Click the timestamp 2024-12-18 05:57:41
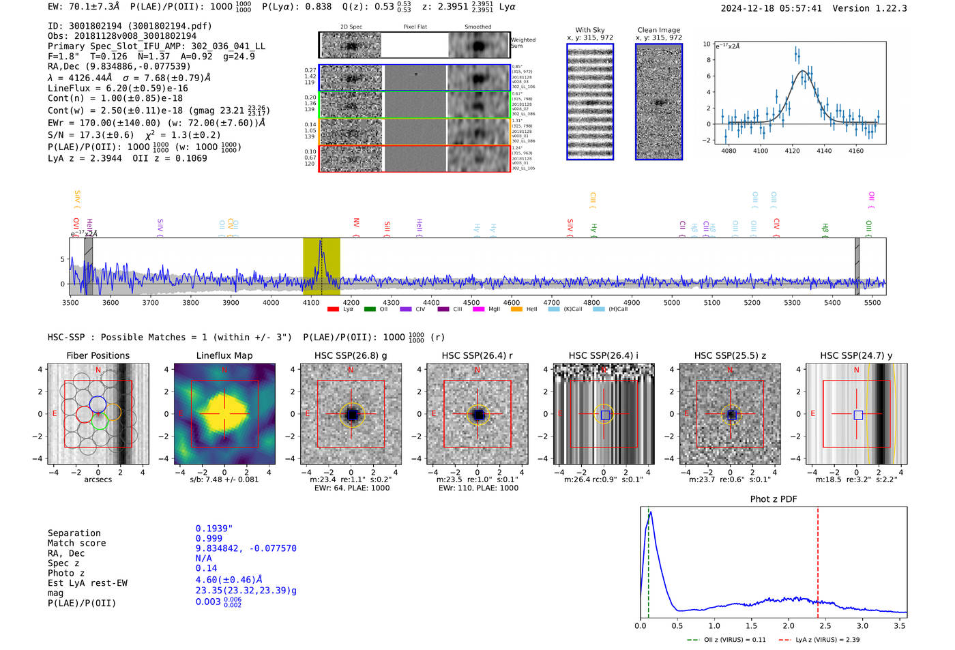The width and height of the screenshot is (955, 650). coord(771,8)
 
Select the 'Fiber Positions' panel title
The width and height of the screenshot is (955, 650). coord(98,355)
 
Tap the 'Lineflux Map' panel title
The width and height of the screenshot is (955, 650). coord(224,355)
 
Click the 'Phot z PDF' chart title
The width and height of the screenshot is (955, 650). coord(774,499)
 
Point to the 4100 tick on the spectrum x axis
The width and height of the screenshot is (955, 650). coord(311,302)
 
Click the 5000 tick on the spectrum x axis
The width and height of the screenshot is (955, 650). coord(672,302)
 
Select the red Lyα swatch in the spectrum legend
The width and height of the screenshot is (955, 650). coord(333,310)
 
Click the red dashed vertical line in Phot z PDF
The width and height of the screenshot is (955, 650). coord(818,559)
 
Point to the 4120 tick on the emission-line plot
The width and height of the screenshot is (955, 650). coord(792,151)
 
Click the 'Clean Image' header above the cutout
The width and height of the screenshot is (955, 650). coord(658,30)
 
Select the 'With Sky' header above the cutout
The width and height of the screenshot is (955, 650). coord(590,30)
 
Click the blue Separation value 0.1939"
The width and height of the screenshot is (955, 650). coord(214,529)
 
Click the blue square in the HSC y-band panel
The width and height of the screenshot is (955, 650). coord(858,415)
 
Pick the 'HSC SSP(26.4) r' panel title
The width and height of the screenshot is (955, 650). coord(477,355)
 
